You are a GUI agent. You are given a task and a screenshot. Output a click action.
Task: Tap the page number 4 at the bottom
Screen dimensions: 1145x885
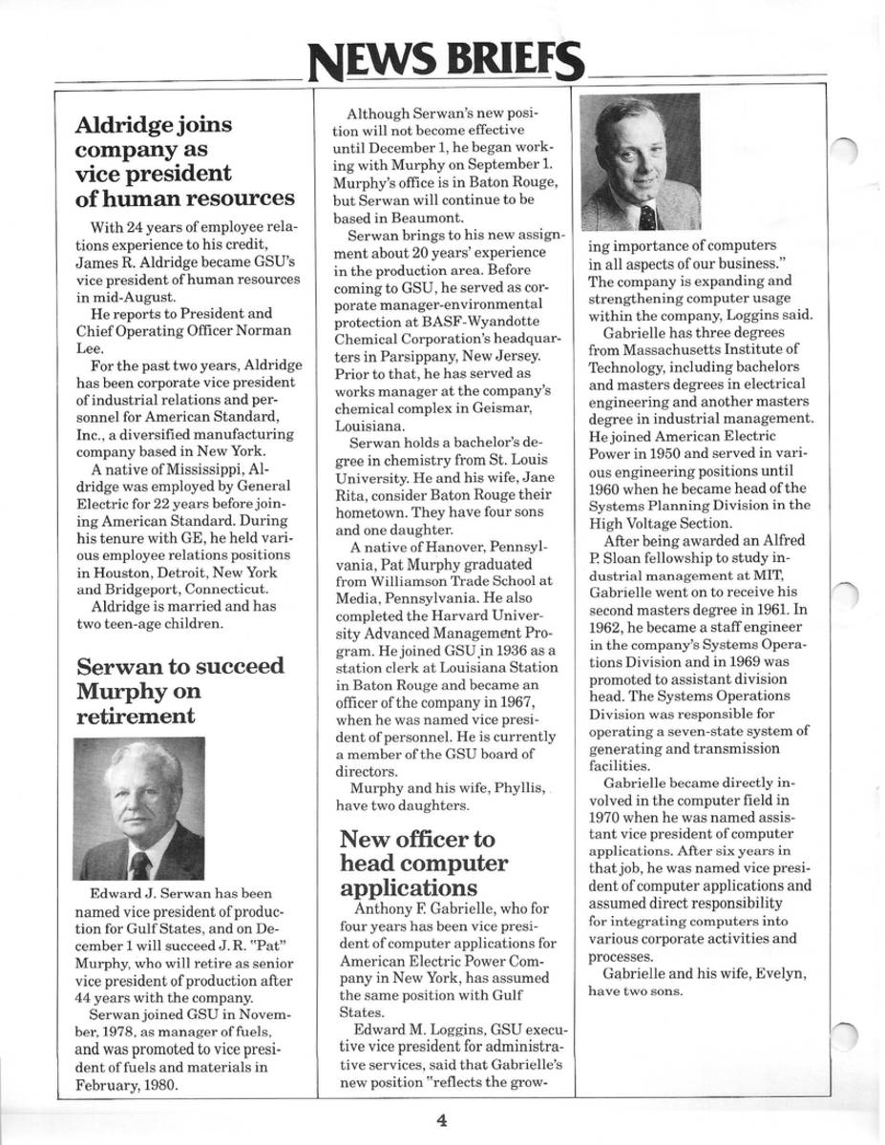(441, 1121)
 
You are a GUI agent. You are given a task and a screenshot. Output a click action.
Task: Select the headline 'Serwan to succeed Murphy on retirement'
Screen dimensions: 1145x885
(179, 690)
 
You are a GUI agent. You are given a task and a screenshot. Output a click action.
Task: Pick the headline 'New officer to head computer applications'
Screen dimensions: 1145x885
(424, 864)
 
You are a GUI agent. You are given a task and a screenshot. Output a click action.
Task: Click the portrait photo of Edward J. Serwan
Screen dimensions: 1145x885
(139, 808)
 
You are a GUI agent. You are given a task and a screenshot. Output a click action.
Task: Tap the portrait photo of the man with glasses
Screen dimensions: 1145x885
(640, 161)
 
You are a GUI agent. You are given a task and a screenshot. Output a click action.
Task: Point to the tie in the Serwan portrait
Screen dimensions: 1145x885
(140, 864)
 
